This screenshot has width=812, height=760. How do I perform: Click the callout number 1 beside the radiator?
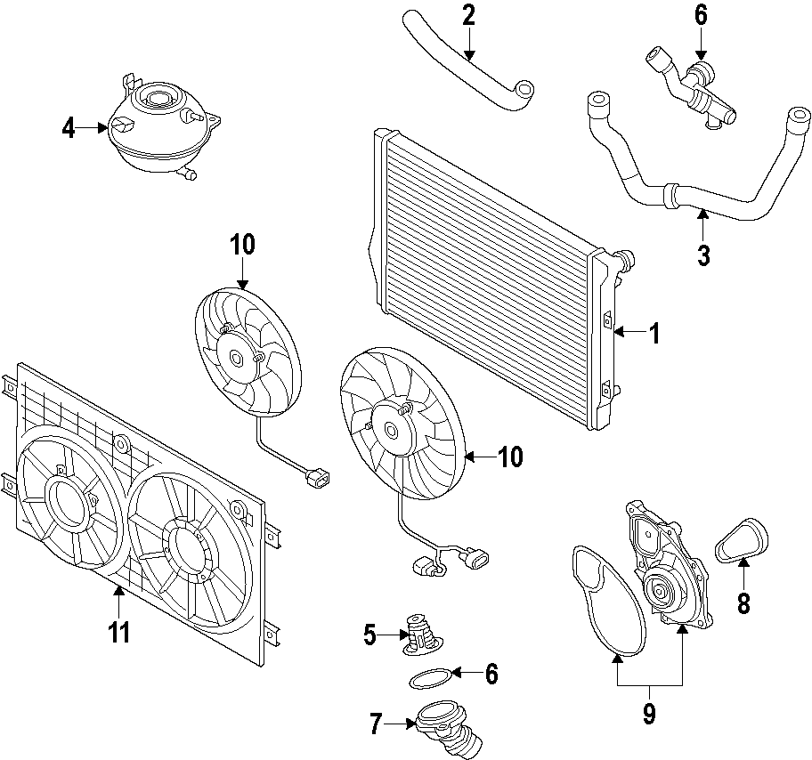click(x=654, y=334)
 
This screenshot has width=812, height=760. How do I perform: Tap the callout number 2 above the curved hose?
click(x=468, y=15)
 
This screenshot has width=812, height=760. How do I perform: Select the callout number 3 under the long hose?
click(x=703, y=255)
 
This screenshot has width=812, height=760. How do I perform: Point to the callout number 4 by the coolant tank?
click(x=69, y=128)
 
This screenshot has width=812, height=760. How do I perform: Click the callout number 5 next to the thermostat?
click(x=369, y=635)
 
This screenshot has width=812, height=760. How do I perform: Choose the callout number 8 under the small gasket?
click(x=743, y=603)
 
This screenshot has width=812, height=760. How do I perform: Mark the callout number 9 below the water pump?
click(x=649, y=713)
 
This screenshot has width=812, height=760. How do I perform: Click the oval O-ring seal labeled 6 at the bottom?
click(x=428, y=679)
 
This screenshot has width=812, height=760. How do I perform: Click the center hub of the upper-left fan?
click(x=238, y=360)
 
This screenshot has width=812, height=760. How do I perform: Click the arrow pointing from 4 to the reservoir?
click(x=94, y=128)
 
